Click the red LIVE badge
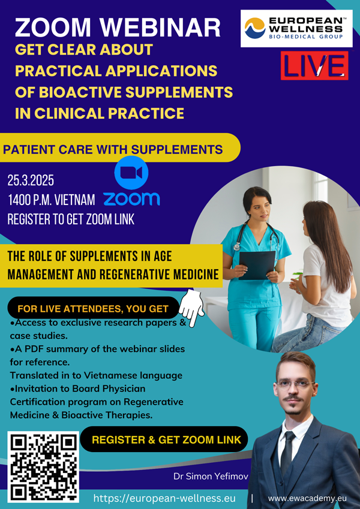314,65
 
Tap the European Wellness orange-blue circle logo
255,28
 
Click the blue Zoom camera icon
131,173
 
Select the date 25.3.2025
31,181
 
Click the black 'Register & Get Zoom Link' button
164,439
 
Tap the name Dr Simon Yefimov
211,476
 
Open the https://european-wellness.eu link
164,498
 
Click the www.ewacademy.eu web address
307,498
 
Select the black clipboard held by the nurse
257,265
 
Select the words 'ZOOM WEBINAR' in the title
118,28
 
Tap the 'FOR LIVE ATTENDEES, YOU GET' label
93,308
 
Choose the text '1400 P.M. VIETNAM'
52,200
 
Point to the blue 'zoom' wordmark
131,198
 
